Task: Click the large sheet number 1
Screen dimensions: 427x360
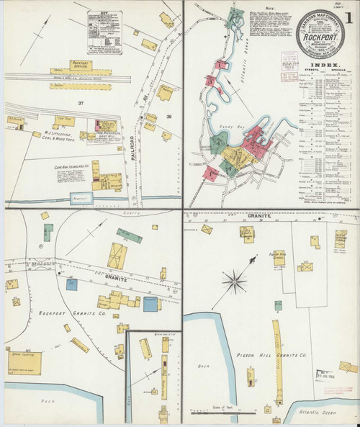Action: click(x=348, y=14)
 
